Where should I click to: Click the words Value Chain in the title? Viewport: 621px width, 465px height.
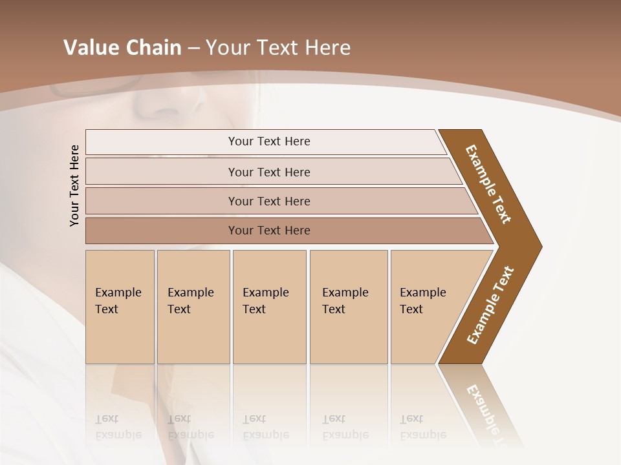(x=122, y=48)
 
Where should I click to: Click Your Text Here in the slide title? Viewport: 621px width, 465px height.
(x=278, y=48)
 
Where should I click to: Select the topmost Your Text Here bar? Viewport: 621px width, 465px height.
(x=268, y=141)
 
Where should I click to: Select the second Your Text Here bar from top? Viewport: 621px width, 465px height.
(x=268, y=172)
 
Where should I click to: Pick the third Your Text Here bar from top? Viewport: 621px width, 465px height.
(x=268, y=201)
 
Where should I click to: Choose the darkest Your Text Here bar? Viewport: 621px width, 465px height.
(x=268, y=231)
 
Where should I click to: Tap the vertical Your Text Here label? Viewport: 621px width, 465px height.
(x=74, y=185)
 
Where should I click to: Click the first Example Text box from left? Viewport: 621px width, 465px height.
(x=120, y=306)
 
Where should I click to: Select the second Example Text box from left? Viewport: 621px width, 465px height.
(x=193, y=306)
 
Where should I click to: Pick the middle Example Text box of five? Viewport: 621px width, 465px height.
(x=268, y=306)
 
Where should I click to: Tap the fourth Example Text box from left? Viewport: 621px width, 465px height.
(x=348, y=306)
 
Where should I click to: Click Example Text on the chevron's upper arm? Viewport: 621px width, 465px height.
(x=488, y=184)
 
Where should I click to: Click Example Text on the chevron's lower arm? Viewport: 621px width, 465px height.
(x=490, y=305)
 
